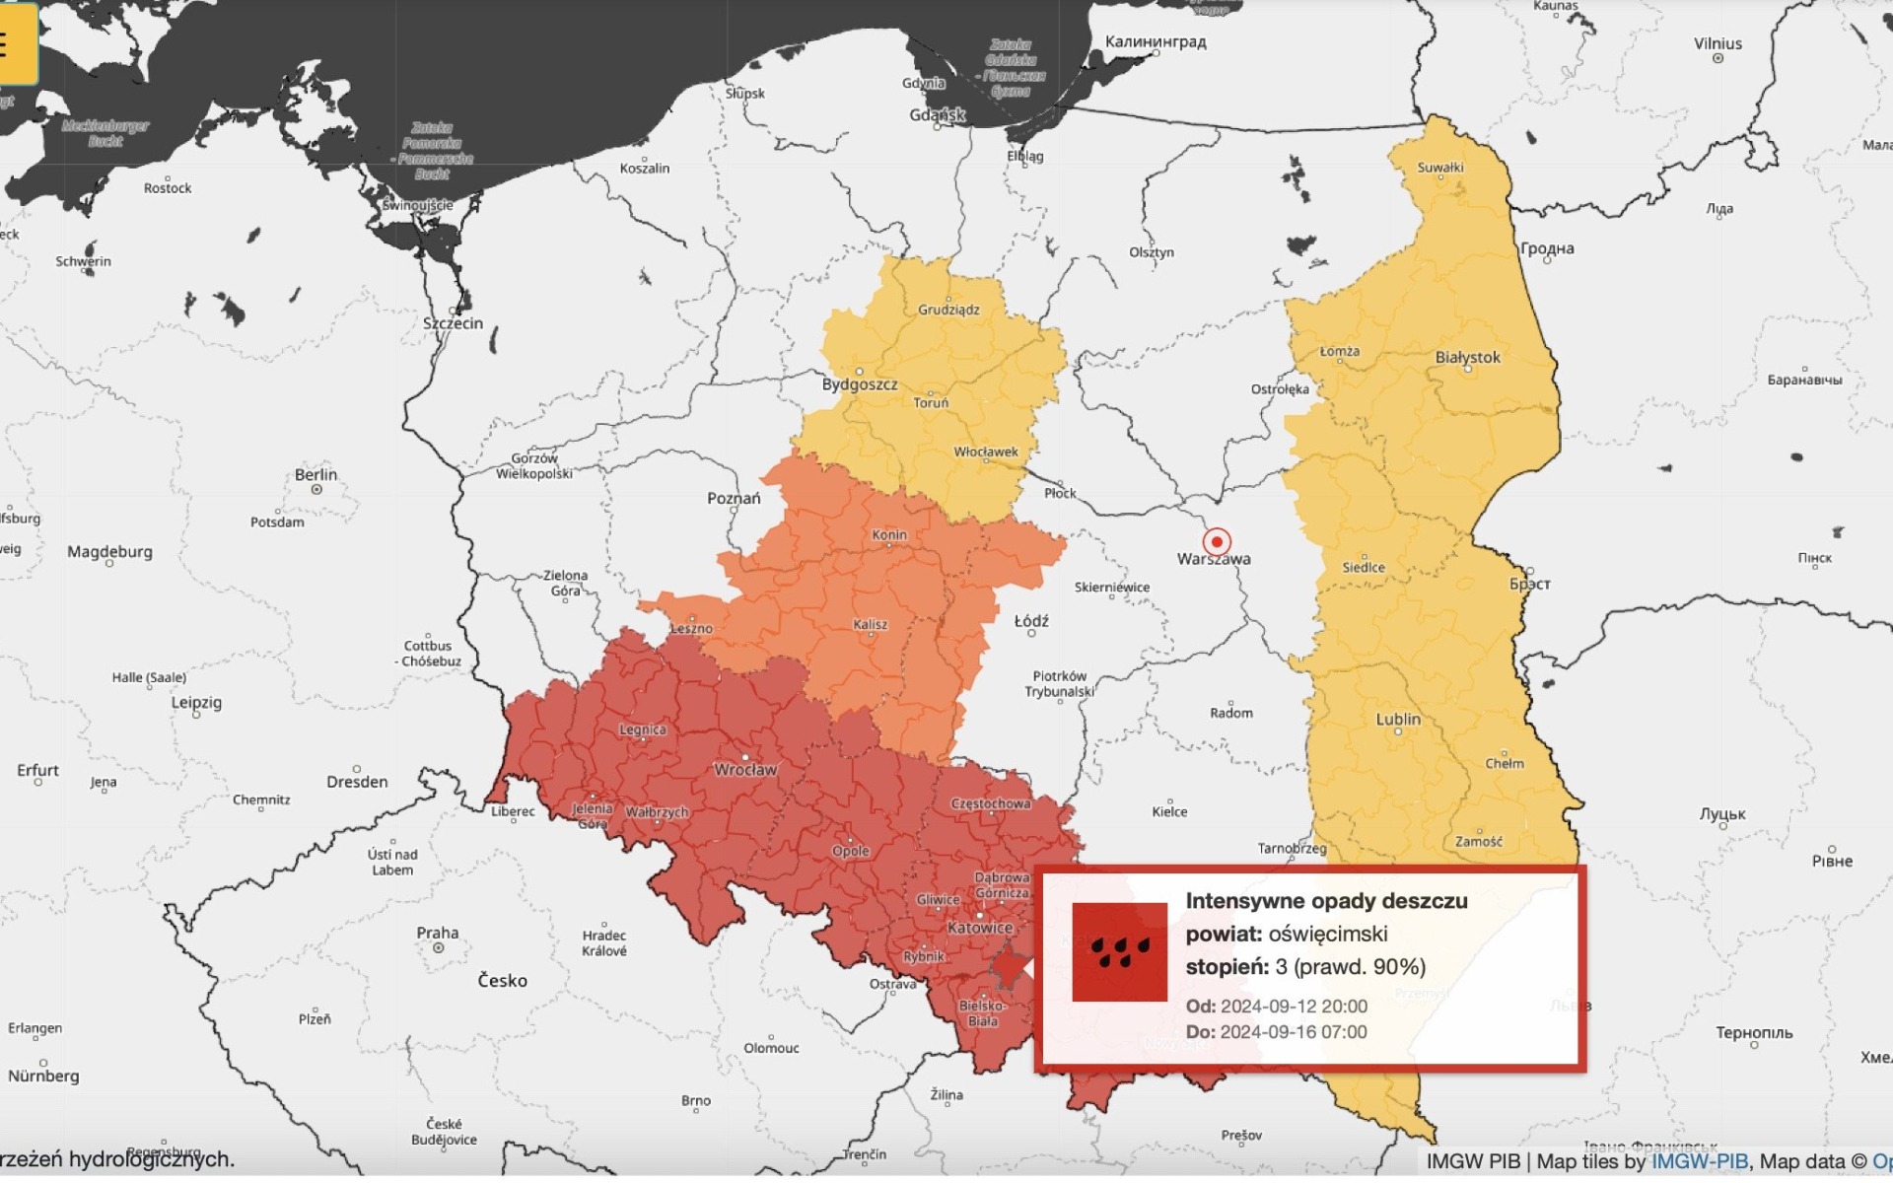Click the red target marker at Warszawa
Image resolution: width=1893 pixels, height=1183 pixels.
(x=1217, y=541)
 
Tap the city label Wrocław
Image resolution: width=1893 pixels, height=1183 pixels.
(x=745, y=770)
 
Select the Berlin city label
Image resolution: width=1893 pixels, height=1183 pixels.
(x=315, y=474)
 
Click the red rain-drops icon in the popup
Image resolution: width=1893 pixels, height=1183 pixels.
(x=1119, y=951)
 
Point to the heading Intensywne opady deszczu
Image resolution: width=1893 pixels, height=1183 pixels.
(x=1326, y=901)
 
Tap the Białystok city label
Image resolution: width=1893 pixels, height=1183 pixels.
(x=1468, y=357)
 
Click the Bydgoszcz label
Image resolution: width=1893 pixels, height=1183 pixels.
(x=860, y=384)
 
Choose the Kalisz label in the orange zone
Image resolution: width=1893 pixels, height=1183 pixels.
(x=871, y=624)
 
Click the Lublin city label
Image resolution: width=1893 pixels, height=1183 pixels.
(x=1398, y=719)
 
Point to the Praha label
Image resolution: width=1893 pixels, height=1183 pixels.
(x=437, y=933)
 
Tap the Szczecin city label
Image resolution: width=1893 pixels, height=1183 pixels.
(x=453, y=323)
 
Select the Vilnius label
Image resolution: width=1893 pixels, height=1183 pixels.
(x=1718, y=43)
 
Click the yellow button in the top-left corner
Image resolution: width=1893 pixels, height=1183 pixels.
(x=17, y=44)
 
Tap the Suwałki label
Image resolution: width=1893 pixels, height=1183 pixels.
(x=1440, y=168)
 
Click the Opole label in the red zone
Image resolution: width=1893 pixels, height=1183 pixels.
(x=851, y=851)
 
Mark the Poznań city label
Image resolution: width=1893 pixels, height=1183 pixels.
(x=734, y=499)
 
